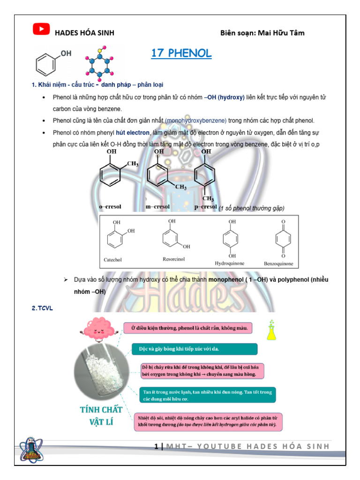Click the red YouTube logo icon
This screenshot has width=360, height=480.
coord(41,29)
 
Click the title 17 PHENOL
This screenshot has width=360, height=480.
coord(181,53)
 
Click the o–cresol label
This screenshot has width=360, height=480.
coord(112,206)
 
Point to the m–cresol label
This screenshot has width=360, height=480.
coord(157,206)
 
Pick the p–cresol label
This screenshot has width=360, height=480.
coord(205,206)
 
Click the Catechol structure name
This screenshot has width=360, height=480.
coord(112,260)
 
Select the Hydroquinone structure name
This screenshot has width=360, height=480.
coord(230,263)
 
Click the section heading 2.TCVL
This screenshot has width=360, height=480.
coord(43,307)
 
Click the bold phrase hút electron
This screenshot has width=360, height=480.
coord(133,133)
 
